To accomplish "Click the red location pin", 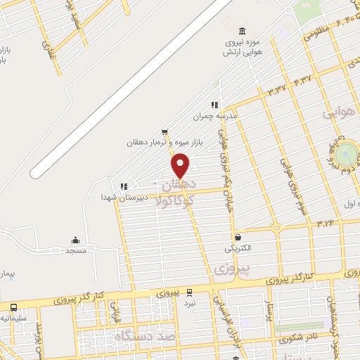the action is tap(181, 165).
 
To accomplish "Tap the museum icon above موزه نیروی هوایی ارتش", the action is tap(243, 31).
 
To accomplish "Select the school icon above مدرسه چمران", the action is tap(214, 105).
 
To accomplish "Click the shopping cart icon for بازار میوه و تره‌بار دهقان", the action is tap(164, 131).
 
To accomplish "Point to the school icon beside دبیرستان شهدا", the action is tap(123, 186).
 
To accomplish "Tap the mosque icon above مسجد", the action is tap(75, 240).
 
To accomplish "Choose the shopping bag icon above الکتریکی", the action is tap(238, 238).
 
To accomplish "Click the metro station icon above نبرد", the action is tap(189, 292).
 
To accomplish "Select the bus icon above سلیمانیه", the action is tap(13, 307).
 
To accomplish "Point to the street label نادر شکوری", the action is tap(297, 337).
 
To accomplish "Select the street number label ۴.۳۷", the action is tap(302, 82).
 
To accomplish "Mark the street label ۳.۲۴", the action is tap(328, 223).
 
